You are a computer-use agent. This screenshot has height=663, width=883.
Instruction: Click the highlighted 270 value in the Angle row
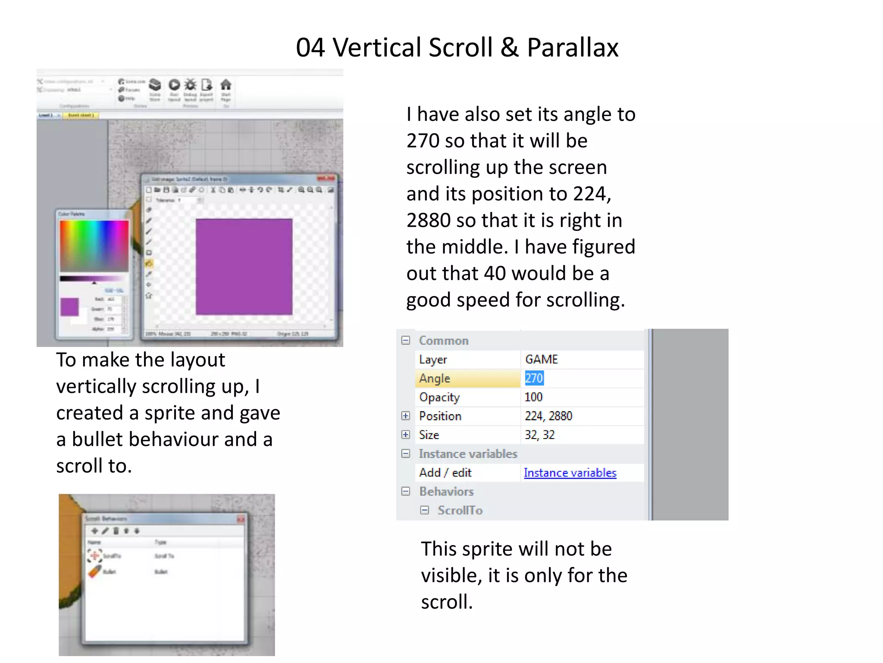[534, 379]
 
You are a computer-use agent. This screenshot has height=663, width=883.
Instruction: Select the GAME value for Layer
[542, 360]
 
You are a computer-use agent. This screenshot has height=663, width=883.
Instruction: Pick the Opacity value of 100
[533, 397]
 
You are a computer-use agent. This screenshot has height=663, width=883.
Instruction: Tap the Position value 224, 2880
[548, 416]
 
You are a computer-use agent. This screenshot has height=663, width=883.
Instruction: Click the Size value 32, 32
[539, 435]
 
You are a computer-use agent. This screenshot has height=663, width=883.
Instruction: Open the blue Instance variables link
[570, 473]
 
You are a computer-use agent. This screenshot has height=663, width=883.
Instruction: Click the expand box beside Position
[405, 416]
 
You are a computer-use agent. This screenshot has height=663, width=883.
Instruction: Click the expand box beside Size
[405, 435]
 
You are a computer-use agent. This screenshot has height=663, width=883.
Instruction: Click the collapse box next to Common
[405, 341]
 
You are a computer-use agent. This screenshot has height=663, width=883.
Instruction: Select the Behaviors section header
[446, 492]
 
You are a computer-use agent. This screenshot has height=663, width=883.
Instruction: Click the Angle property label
[434, 379]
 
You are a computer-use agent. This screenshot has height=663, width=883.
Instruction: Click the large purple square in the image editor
[244, 267]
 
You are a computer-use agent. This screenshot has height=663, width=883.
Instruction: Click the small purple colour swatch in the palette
[69, 307]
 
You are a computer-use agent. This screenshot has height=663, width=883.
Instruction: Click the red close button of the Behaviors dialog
[241, 519]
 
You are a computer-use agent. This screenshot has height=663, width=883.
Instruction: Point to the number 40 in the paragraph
[495, 274]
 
